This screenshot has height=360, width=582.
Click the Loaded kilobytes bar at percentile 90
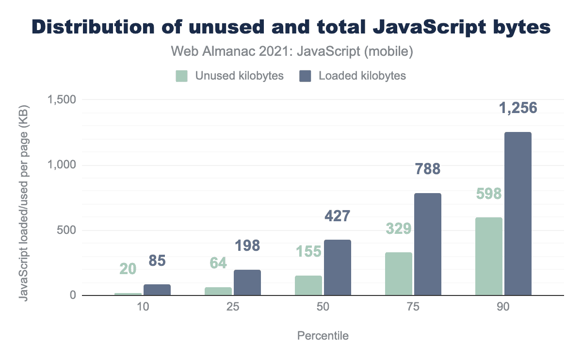[518, 213]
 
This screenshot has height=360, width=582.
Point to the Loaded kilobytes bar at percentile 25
[247, 282]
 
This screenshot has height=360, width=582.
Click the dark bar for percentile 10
[157, 290]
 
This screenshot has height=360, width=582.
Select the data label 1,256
[518, 108]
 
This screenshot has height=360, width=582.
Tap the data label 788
[428, 169]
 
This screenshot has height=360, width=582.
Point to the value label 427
[337, 215]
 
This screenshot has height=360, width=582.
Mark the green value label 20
[128, 269]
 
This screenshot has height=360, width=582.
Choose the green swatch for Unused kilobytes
[181, 76]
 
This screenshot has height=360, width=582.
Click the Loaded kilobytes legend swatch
[306, 76]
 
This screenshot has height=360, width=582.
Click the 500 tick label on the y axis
[66, 230]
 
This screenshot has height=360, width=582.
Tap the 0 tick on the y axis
[73, 295]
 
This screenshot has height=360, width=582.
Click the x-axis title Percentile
[323, 336]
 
